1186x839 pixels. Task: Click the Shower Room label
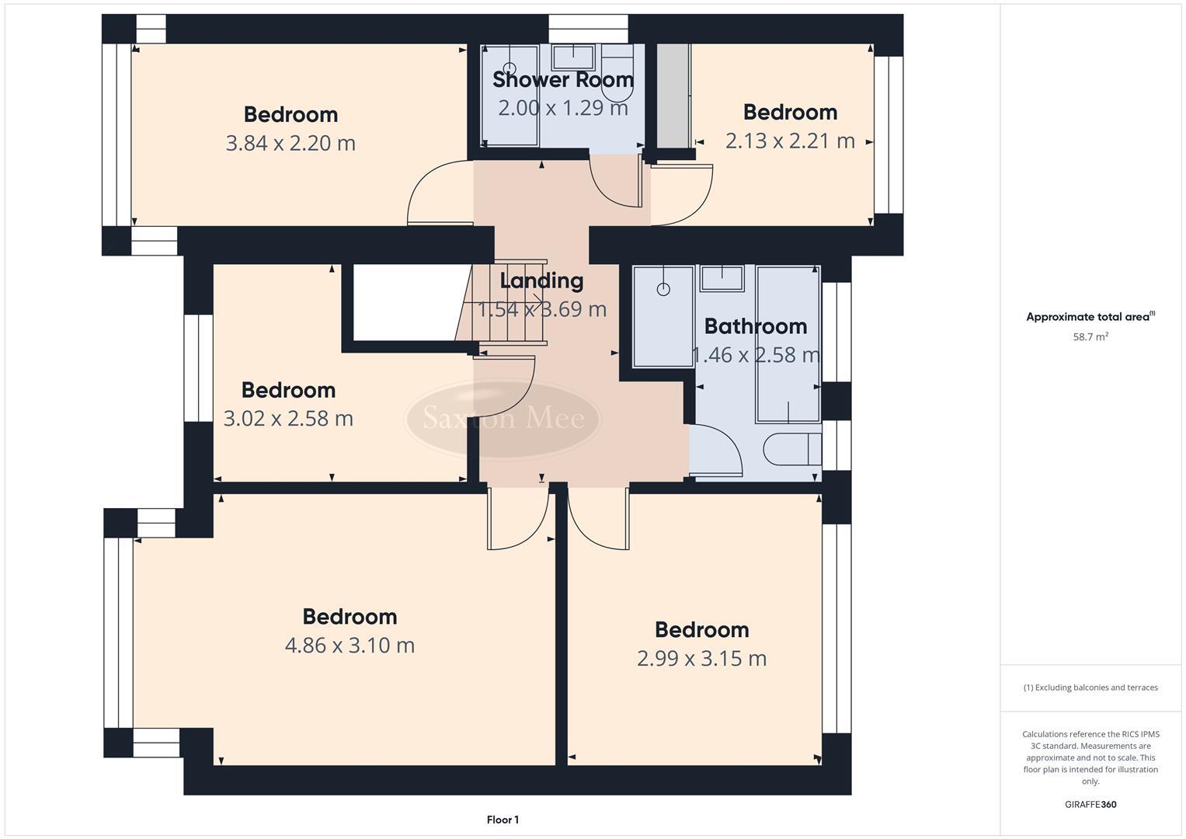562,79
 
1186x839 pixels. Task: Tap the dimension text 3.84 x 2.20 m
290,143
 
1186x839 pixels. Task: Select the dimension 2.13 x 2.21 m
790,141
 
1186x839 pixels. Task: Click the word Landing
541,280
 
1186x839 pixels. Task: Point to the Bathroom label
755,326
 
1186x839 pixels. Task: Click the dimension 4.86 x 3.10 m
350,646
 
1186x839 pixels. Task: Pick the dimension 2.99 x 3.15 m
701,659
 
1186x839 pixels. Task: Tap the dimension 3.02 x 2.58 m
288,419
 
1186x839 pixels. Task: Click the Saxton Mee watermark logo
503,419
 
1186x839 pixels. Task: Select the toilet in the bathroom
791,449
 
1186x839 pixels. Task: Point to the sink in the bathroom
722,277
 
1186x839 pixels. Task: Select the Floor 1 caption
503,820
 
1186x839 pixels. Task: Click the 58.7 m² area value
1090,337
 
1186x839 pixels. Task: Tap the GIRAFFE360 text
1090,804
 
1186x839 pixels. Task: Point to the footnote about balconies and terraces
1090,688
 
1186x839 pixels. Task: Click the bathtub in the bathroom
788,342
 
